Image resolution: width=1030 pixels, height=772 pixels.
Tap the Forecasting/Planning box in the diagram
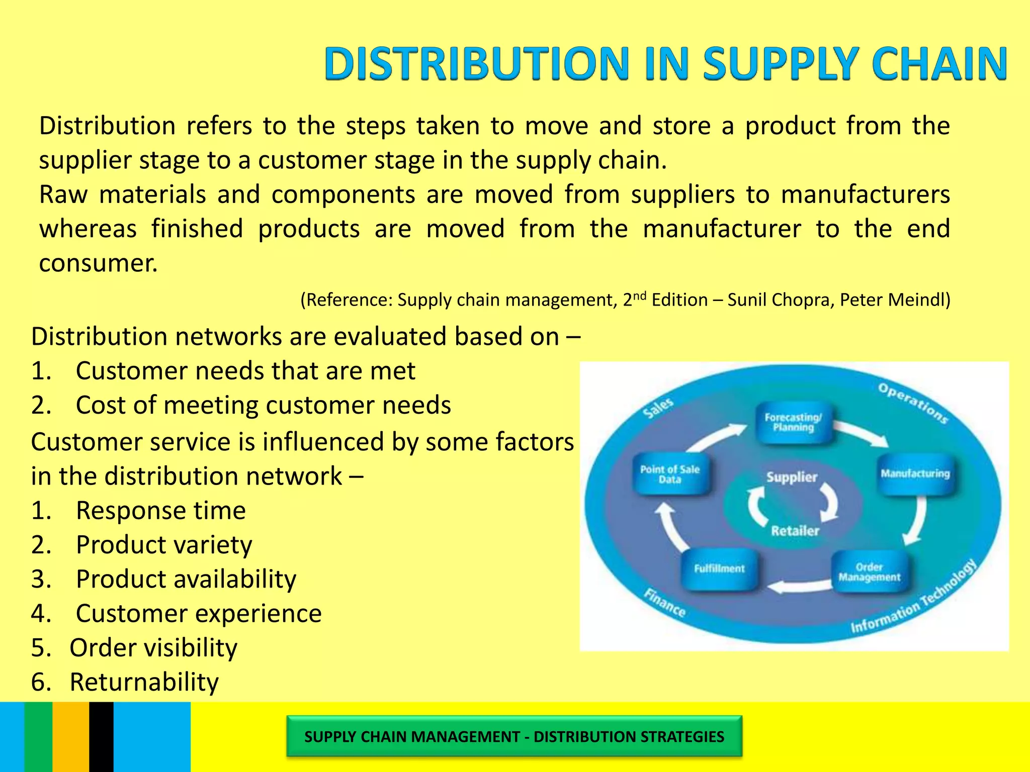click(x=793, y=422)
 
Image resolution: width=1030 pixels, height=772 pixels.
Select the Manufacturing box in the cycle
click(x=915, y=474)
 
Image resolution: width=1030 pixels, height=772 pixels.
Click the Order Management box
click(x=869, y=572)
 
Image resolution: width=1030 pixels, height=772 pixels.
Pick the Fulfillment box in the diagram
click(x=719, y=569)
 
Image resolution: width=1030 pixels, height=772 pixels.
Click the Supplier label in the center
click(x=792, y=477)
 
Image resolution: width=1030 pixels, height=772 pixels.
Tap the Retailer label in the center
click(x=795, y=531)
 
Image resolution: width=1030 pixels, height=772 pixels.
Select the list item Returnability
click(x=144, y=682)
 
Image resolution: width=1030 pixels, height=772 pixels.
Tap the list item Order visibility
click(x=153, y=648)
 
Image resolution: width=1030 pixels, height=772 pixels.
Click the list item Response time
click(x=160, y=511)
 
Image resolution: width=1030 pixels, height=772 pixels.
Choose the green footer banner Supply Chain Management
click(x=514, y=736)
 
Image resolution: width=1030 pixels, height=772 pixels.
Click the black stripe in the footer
click(x=101, y=737)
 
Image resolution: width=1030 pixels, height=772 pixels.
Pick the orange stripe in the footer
click(x=70, y=737)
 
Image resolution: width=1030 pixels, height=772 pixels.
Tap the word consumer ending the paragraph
click(x=98, y=263)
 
